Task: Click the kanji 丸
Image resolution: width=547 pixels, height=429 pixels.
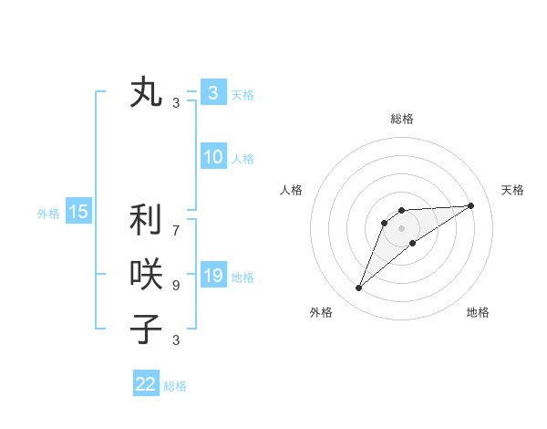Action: (x=146, y=93)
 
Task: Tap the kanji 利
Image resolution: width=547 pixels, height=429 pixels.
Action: (x=146, y=221)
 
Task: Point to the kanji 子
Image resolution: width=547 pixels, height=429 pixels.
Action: (x=146, y=328)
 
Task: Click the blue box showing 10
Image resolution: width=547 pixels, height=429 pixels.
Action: (x=212, y=157)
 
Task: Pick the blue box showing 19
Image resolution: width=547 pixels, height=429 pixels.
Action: (x=212, y=276)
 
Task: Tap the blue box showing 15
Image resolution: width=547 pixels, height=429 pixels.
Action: (x=78, y=213)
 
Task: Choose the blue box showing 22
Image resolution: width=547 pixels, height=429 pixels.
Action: (x=146, y=384)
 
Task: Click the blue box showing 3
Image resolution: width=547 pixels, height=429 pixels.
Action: (x=212, y=92)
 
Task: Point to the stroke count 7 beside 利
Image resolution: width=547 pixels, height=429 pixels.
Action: (x=176, y=221)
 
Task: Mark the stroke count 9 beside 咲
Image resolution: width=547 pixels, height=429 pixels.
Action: (x=176, y=286)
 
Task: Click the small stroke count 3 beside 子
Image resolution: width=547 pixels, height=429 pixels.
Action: (x=176, y=340)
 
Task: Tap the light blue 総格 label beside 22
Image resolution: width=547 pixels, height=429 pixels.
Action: (x=175, y=386)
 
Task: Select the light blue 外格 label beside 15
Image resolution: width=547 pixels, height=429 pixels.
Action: (x=48, y=214)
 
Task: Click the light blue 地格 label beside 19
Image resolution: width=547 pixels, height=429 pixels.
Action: (x=243, y=277)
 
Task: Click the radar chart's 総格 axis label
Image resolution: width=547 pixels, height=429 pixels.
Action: (x=402, y=119)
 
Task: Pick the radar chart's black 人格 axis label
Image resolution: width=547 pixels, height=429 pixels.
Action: (x=292, y=190)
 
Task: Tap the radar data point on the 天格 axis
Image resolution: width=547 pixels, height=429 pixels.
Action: (x=471, y=205)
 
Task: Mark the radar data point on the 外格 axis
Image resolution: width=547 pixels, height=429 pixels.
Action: (x=359, y=288)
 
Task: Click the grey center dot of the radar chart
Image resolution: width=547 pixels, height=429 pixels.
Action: (x=402, y=228)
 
